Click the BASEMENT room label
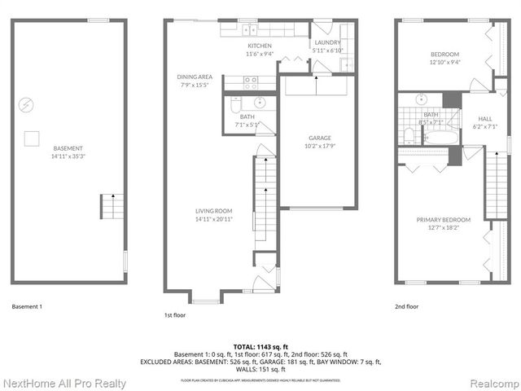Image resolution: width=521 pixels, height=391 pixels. point(68,148)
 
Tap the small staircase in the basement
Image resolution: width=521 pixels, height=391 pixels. point(111,207)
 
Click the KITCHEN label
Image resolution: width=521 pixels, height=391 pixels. point(259,46)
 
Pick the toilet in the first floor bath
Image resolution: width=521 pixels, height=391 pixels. point(234,105)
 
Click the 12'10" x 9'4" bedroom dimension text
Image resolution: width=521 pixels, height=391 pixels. point(445,62)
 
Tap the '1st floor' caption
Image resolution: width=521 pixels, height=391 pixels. point(175,314)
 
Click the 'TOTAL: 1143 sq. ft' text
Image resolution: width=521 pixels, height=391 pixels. point(260,346)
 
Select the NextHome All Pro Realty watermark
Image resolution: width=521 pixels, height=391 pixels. point(64,383)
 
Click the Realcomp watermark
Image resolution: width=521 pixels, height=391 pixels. point(489,383)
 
